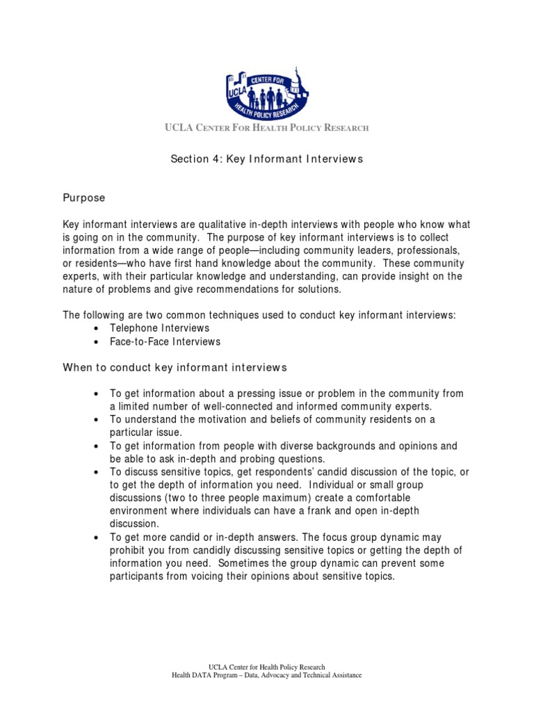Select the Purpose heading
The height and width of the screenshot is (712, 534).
(x=84, y=198)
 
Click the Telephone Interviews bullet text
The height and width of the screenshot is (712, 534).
(x=159, y=328)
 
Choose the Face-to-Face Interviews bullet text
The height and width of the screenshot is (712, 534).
(x=165, y=341)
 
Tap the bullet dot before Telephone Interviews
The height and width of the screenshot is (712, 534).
(x=96, y=329)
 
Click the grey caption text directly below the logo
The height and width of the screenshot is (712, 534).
(x=266, y=128)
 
